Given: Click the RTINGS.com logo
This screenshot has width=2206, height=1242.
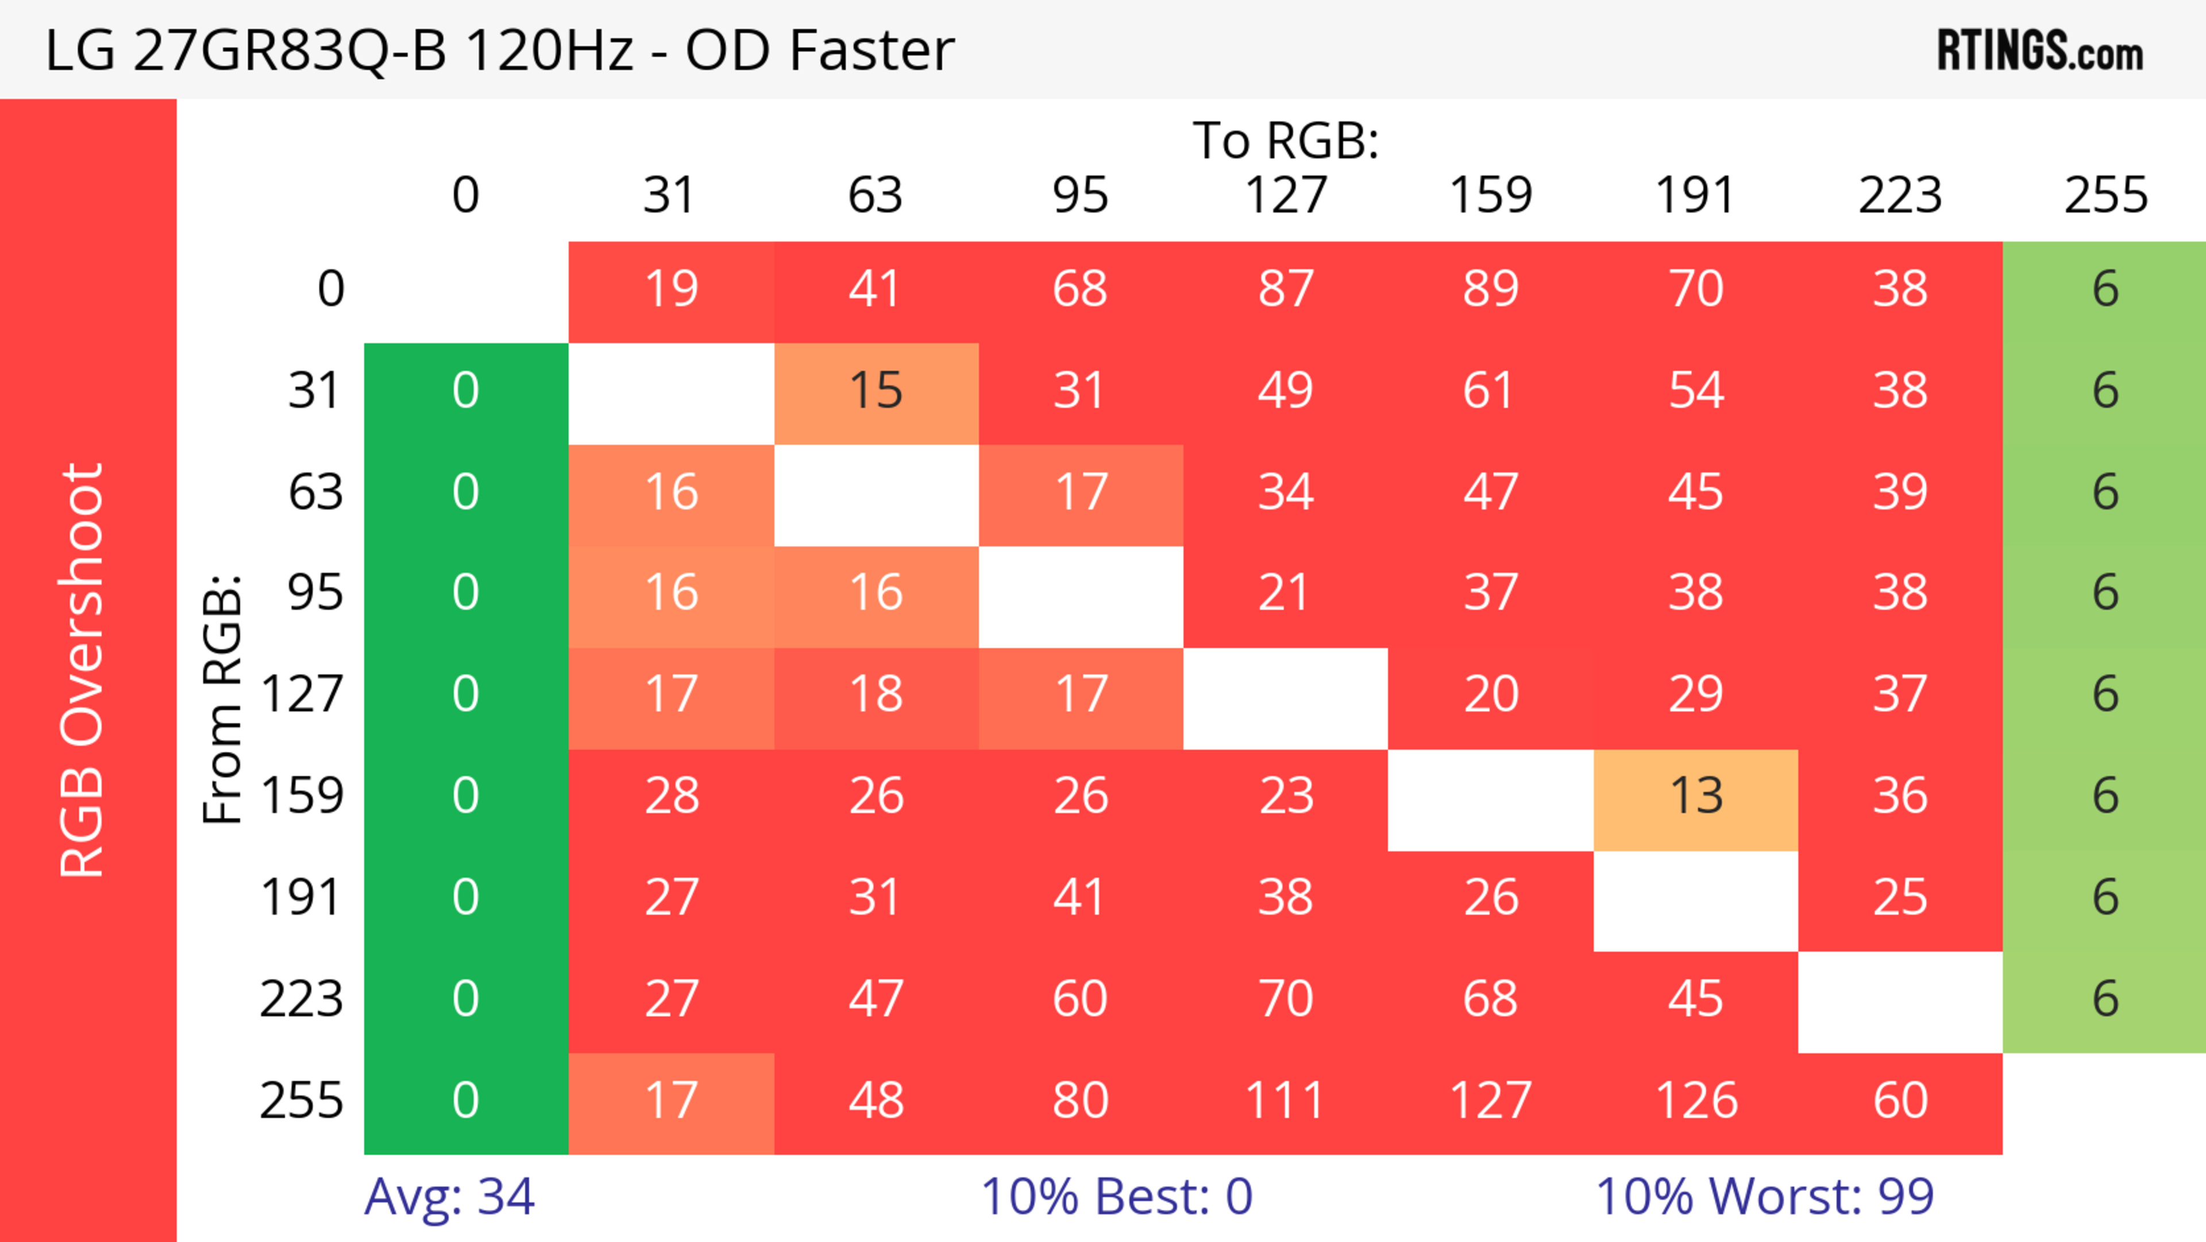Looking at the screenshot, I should click(2040, 49).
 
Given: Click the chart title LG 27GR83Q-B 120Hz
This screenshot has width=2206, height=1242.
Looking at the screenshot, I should click(499, 49).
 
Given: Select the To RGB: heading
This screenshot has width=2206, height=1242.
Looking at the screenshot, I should click(1286, 140).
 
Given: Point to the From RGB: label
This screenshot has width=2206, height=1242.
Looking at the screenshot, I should click(223, 699).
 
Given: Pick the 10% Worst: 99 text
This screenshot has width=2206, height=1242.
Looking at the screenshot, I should click(1764, 1196).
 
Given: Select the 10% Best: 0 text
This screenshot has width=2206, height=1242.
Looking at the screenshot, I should click(1116, 1196).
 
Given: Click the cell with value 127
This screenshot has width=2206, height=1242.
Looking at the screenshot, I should click(1490, 1101).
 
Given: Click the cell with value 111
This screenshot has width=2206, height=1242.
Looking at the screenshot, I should click(1286, 1101).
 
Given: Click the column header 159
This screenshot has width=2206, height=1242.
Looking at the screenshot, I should click(1490, 195).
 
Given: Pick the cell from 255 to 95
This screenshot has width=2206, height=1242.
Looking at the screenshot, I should click(1081, 1101).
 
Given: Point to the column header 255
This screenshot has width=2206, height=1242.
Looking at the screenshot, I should click(2105, 195).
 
